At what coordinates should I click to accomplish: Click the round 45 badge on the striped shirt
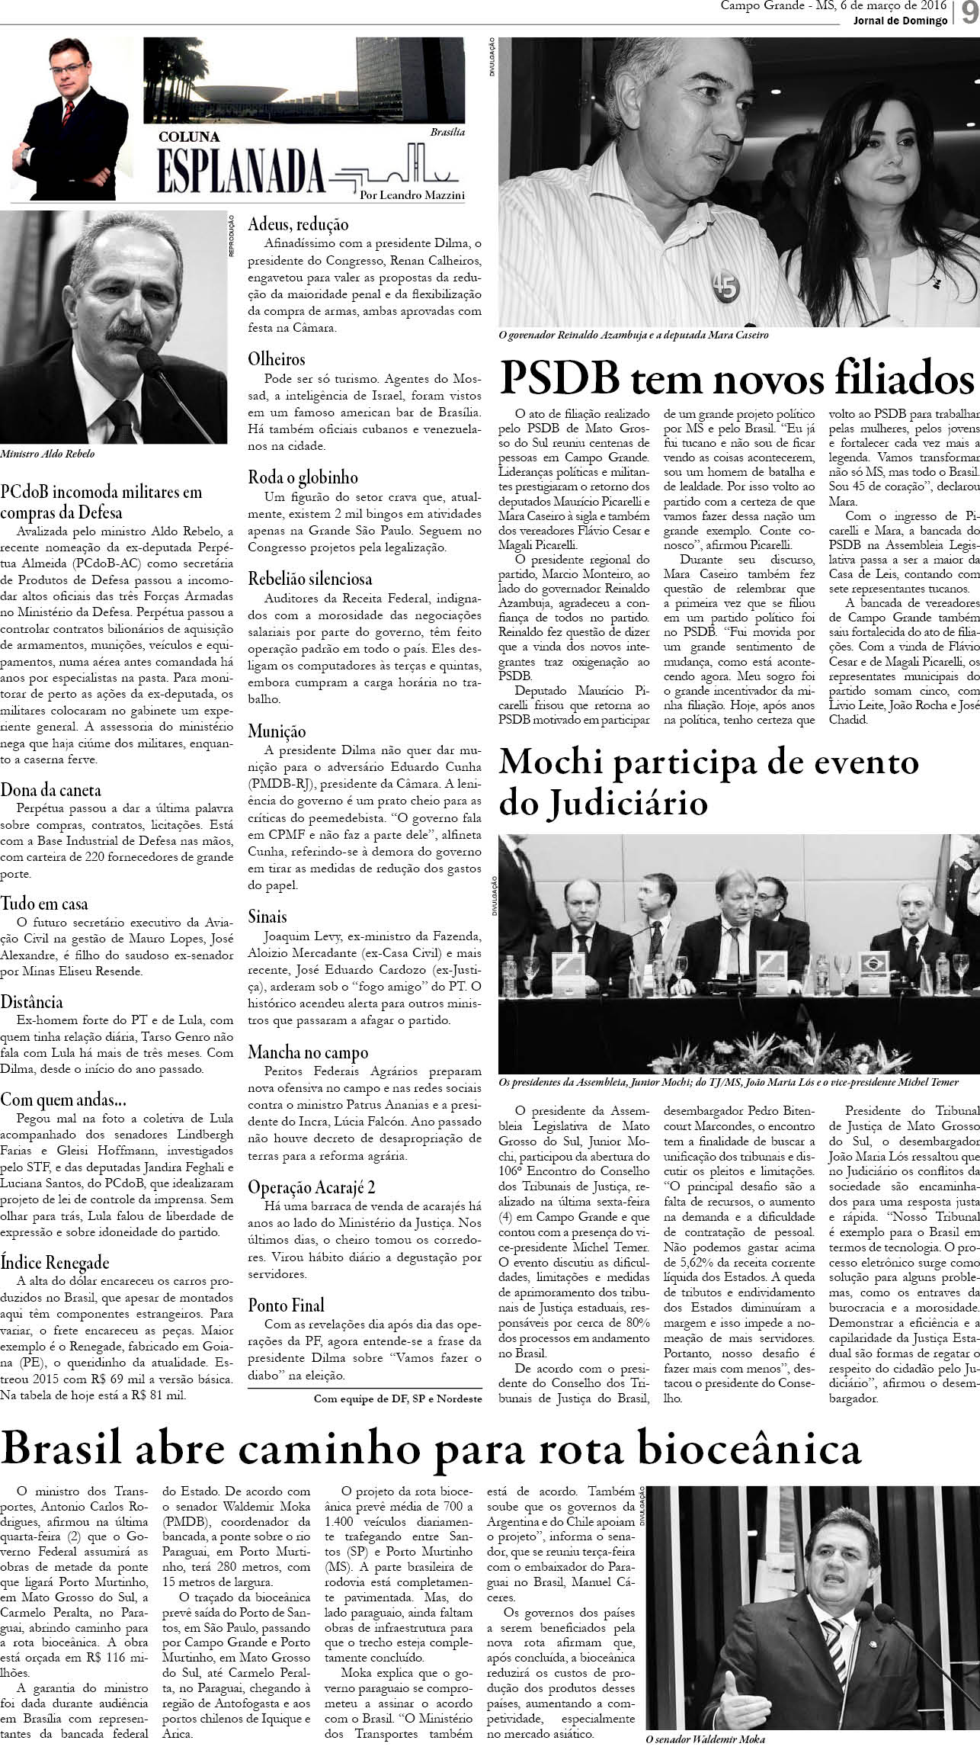724,286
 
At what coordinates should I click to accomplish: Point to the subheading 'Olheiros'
277,359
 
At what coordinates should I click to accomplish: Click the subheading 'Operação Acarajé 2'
312,1188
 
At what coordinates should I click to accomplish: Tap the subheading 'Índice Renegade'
55,1262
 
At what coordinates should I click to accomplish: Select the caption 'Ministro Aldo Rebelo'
48,453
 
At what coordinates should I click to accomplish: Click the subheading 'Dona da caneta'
51,790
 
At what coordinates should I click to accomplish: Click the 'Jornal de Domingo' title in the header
900,21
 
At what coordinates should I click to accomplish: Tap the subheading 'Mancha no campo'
308,1052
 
